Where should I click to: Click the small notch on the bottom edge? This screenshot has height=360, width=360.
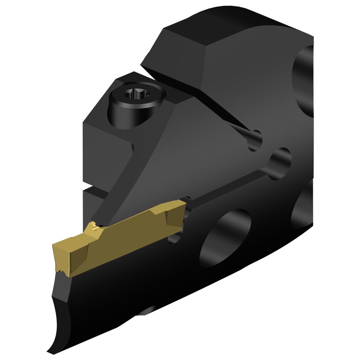point(145,312)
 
